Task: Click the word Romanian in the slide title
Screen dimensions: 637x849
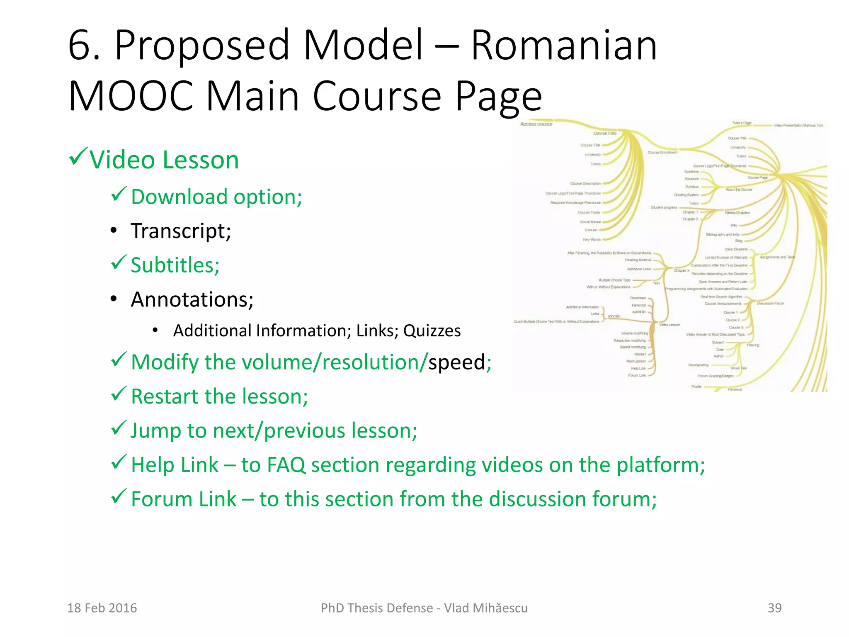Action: pos(564,45)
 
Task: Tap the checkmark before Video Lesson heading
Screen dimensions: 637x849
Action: pos(78,157)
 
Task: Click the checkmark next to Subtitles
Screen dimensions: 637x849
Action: pos(119,263)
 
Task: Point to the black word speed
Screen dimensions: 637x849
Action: pos(456,362)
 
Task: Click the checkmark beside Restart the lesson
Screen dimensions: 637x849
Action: pos(119,394)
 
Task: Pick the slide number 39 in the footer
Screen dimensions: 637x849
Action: pos(774,608)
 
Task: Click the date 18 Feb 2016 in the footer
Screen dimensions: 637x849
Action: pos(102,608)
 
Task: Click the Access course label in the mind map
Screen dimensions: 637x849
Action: pos(536,124)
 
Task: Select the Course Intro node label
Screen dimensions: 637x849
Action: pos(605,134)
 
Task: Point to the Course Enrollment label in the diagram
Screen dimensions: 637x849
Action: pos(662,153)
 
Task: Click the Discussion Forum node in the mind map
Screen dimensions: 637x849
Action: pos(771,304)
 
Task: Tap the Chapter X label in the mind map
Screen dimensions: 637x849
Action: pos(682,271)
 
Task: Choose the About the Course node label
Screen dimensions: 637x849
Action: pos(739,190)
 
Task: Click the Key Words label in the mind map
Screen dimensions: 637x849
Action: pos(592,240)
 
